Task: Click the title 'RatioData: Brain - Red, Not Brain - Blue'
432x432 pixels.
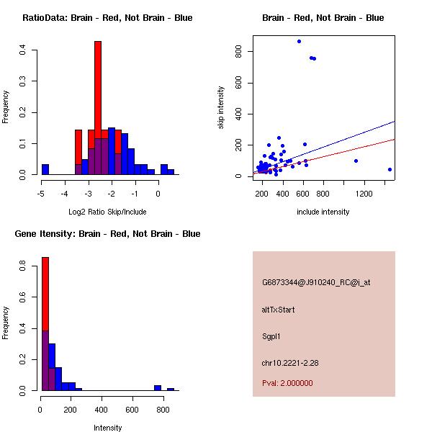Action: (107, 17)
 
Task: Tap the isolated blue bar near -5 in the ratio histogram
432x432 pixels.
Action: (45, 170)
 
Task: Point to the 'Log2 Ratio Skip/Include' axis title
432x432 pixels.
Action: (107, 212)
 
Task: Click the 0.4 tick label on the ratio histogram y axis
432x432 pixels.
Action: (23, 50)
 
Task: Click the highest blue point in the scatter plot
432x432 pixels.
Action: (299, 41)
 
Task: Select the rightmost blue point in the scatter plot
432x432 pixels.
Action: (390, 170)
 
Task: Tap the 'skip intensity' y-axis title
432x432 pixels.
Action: (221, 108)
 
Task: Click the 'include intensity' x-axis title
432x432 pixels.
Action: (323, 212)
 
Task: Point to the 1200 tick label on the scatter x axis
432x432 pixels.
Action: (364, 193)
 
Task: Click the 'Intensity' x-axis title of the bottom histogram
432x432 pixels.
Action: (108, 428)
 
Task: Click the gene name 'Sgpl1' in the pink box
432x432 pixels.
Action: (273, 336)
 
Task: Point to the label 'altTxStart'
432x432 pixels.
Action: (279, 310)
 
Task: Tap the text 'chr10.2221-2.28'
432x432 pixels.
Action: (290, 363)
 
